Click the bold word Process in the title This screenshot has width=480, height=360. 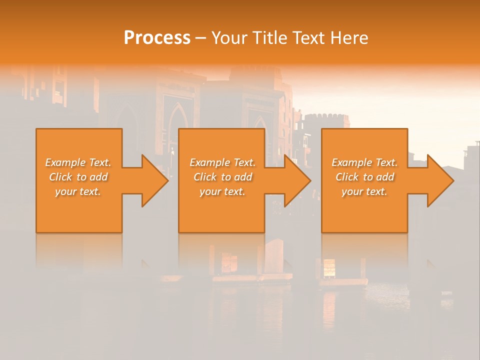(x=157, y=38)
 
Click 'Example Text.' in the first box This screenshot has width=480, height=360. (x=78, y=162)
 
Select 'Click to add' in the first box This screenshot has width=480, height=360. (x=78, y=177)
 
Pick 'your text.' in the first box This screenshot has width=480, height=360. (x=78, y=191)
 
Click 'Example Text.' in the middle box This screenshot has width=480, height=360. (x=222, y=162)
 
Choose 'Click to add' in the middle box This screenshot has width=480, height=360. (x=222, y=177)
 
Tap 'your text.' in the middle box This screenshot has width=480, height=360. (x=222, y=191)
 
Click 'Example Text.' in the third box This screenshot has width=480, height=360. (x=364, y=162)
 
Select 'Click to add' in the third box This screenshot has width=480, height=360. (x=364, y=177)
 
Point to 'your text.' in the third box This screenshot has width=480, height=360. (x=364, y=191)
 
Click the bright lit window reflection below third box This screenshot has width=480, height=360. (x=329, y=267)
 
